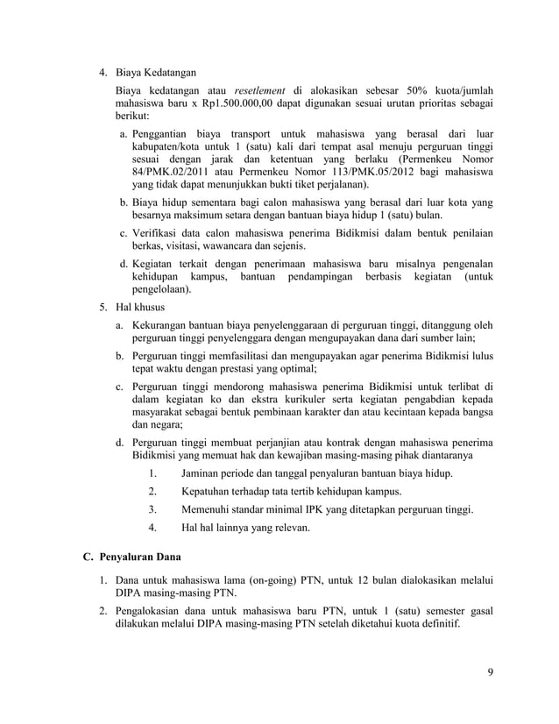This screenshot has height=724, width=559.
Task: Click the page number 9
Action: tap(490, 673)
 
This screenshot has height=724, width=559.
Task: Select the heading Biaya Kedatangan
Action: tap(157, 71)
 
